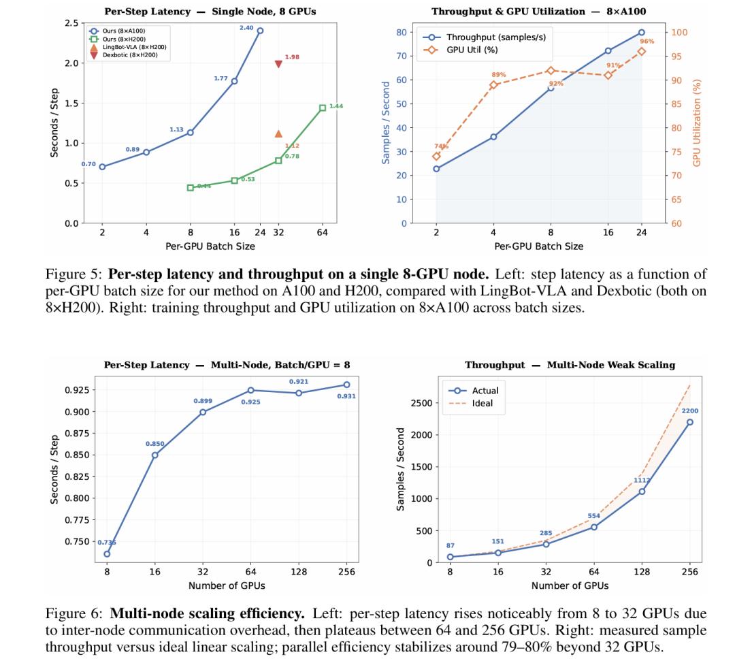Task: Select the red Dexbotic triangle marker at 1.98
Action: [278, 64]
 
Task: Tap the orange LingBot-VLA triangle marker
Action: [278, 134]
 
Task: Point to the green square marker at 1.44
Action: [323, 108]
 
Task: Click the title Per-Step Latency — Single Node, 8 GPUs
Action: [210, 11]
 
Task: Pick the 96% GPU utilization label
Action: [647, 41]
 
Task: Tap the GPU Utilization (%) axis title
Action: [698, 123]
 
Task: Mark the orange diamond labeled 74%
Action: [436, 157]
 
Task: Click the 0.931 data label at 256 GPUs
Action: [346, 396]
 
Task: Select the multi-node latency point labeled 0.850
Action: [155, 455]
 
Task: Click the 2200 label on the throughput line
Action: [690, 411]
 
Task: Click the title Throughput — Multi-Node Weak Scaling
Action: [570, 365]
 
